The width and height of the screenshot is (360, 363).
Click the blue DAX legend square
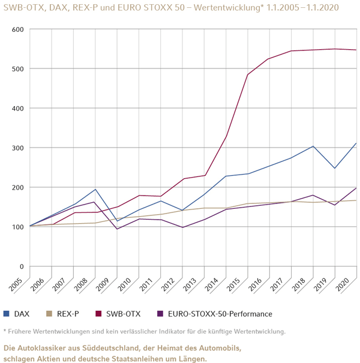(x=6, y=314)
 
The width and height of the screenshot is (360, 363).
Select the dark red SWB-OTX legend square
(x=99, y=314)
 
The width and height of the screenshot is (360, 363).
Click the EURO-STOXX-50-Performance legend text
(x=220, y=314)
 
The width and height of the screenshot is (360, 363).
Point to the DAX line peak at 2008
(x=95, y=190)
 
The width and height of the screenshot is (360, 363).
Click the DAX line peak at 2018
(x=313, y=146)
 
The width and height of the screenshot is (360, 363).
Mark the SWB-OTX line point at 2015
(x=248, y=74)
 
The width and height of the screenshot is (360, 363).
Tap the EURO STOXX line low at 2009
(x=118, y=229)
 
